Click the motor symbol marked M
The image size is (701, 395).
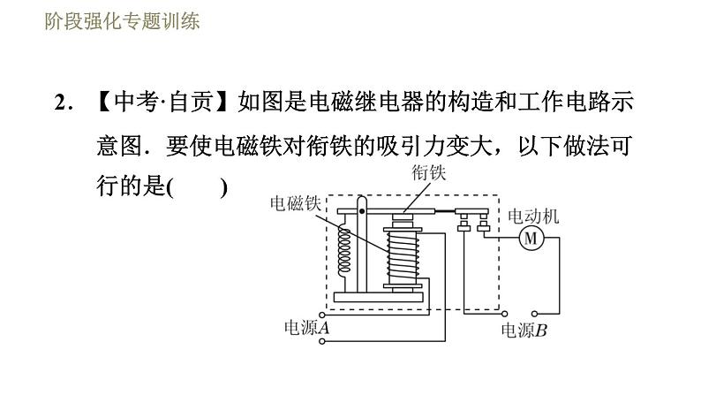(531, 238)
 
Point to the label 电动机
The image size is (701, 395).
(532, 216)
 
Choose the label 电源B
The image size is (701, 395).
(524, 331)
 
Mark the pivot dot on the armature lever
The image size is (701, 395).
(361, 211)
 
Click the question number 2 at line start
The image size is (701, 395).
(60, 103)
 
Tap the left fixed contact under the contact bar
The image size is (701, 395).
(464, 228)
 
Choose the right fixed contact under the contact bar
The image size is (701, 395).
(483, 228)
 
